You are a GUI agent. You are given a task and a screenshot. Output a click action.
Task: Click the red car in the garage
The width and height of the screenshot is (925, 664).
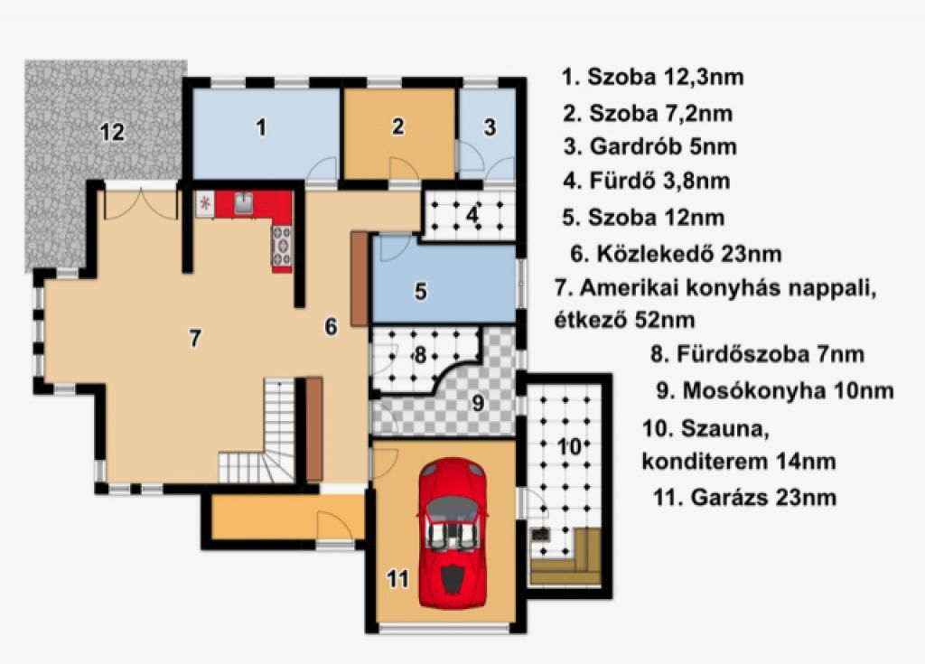pos(453,533)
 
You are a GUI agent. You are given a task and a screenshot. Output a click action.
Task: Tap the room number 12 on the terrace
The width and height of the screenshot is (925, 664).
pos(112,132)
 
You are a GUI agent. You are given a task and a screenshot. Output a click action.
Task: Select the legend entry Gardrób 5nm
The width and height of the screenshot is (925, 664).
pos(650,146)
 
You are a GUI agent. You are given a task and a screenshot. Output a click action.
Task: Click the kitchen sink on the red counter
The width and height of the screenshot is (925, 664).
pos(243,203)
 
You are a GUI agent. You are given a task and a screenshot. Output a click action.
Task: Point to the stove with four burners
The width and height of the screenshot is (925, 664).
pos(282,246)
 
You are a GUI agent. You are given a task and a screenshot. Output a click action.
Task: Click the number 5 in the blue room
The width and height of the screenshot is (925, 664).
pos(421,291)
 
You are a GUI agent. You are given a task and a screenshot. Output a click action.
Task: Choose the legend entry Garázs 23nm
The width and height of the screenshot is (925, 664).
pos(744,497)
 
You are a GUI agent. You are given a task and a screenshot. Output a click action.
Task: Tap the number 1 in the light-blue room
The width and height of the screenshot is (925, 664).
pos(261,126)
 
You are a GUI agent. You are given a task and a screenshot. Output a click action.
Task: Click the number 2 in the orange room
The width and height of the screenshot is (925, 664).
pos(398,126)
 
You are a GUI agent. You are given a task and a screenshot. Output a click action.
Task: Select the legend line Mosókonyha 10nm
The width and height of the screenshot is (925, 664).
pos(775,391)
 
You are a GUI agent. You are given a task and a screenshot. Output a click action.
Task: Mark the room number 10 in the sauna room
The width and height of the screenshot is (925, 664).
pos(569,447)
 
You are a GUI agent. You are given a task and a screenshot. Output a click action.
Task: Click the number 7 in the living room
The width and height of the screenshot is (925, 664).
pos(195,338)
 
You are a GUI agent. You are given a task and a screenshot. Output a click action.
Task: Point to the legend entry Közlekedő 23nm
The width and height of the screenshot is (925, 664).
pos(676,254)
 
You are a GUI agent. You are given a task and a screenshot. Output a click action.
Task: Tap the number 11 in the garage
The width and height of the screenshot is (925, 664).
pos(397,579)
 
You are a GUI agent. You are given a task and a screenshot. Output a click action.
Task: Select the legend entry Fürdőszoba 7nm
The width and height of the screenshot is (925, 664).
pos(758,354)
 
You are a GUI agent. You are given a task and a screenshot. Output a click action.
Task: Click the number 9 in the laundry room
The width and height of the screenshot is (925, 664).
pos(478,403)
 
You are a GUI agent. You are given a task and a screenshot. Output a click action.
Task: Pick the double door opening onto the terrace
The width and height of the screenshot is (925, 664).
pos(140,204)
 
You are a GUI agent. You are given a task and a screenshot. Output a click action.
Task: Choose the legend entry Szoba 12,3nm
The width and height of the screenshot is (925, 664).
pos(652,77)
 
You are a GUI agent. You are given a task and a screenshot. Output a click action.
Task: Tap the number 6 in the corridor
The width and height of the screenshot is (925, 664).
pos(331,326)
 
